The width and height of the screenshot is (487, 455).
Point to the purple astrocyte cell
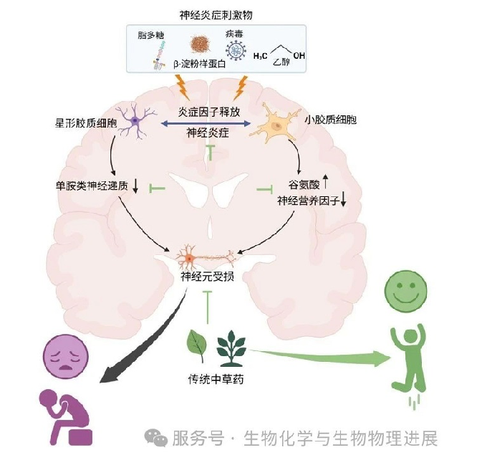tap(134, 123)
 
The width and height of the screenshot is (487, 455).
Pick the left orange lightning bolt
tap(180, 87)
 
